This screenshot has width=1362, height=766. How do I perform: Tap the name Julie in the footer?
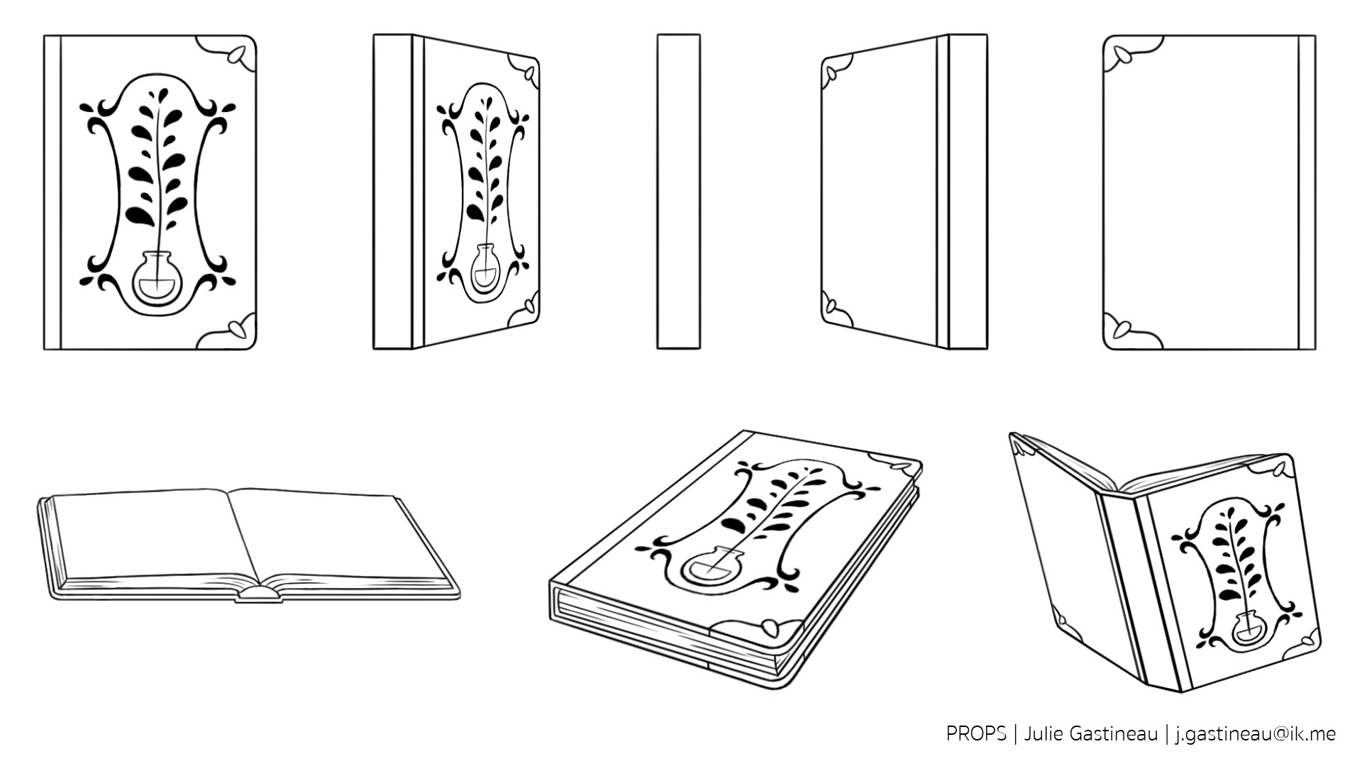click(x=1044, y=733)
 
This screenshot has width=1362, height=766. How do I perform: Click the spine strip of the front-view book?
click(x=52, y=192)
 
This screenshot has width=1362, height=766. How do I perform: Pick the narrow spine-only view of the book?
click(x=678, y=191)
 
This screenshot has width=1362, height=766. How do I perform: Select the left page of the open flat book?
click(x=149, y=532)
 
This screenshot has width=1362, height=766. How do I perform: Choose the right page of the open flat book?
click(x=340, y=535)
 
